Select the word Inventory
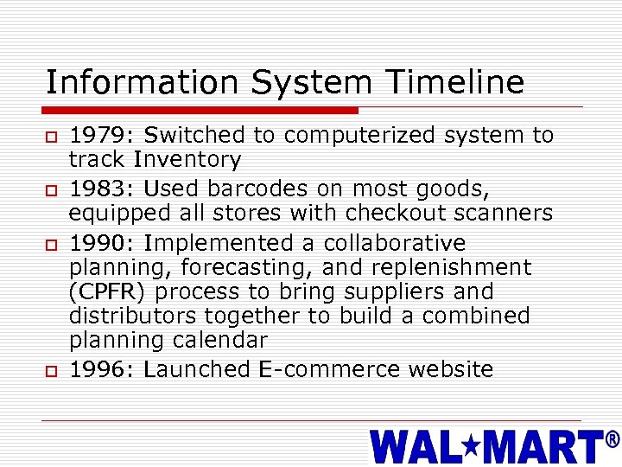(x=187, y=159)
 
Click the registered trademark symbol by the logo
(x=612, y=441)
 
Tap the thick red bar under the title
(x=201, y=110)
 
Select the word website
(x=450, y=369)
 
